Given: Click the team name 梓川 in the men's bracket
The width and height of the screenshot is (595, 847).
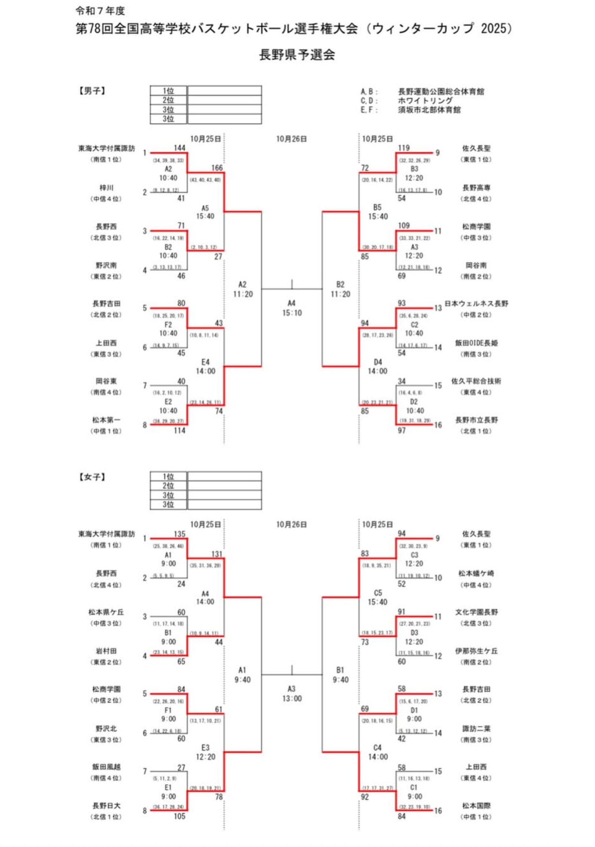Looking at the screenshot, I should (x=106, y=188).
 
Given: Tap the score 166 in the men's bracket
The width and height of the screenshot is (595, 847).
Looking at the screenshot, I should (x=217, y=168).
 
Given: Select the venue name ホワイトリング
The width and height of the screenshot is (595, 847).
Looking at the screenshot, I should (x=425, y=101).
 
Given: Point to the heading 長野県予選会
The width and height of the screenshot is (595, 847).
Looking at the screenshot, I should (x=297, y=55).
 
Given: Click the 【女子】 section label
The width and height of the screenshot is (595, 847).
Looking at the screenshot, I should (x=92, y=477).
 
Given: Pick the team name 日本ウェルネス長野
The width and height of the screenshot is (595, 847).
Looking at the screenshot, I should (x=476, y=303).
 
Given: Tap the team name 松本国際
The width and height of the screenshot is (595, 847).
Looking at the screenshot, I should (x=476, y=805).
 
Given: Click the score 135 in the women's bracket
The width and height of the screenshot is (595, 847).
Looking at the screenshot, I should (x=179, y=534).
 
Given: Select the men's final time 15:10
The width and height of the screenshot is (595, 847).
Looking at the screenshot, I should (x=292, y=313).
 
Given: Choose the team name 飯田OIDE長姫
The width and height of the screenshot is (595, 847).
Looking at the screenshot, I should (x=476, y=343).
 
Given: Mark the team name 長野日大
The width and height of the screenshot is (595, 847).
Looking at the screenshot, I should (x=106, y=805).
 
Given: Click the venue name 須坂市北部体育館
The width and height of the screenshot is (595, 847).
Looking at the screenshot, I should (x=429, y=110).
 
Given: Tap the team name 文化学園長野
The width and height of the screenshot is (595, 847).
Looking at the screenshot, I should (x=476, y=612).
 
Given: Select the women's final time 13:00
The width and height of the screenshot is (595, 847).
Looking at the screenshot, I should (x=292, y=699).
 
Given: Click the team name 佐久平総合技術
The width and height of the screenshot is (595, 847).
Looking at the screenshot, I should (x=476, y=381).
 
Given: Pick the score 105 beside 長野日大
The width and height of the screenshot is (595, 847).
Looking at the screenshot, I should (x=179, y=816).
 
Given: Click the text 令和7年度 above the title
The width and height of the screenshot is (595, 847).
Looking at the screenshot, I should (x=100, y=11).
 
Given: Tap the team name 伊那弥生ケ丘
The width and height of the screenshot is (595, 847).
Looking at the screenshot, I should (x=476, y=651).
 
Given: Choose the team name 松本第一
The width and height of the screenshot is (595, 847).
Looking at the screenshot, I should (x=106, y=420).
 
